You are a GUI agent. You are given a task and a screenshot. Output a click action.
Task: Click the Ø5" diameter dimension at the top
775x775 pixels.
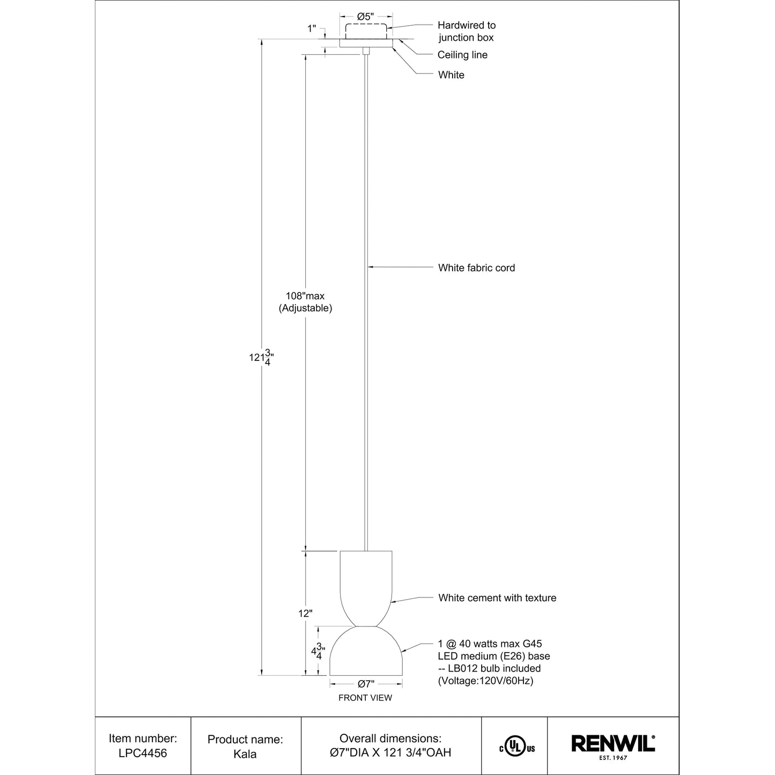point(365,17)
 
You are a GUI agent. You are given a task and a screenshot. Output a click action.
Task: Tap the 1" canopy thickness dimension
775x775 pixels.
point(312,29)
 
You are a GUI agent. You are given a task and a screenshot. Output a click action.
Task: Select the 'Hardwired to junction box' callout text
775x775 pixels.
point(466,31)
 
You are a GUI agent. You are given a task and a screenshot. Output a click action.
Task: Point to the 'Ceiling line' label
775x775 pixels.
point(462,55)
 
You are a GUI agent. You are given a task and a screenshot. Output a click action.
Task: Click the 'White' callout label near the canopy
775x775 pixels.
point(451,75)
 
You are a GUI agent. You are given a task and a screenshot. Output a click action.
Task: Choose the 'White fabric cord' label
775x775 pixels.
point(476,268)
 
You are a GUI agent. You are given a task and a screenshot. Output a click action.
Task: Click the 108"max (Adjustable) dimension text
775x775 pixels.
point(305,302)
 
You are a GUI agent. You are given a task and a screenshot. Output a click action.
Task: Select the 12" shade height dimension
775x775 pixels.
point(305,614)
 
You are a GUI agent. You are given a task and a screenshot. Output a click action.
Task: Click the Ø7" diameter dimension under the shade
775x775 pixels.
point(366,684)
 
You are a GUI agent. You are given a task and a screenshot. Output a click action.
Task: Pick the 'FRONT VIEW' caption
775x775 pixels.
point(365,698)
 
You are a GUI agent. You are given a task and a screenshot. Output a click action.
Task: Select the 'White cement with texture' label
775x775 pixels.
point(497,597)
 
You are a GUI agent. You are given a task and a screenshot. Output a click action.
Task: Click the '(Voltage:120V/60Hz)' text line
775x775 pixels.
point(486,681)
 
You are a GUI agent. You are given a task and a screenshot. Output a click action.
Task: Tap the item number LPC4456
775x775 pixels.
point(143,753)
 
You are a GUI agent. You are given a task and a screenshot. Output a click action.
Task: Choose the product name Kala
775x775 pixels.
point(245,754)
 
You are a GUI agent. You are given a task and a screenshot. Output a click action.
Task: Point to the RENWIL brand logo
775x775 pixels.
point(613,743)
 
